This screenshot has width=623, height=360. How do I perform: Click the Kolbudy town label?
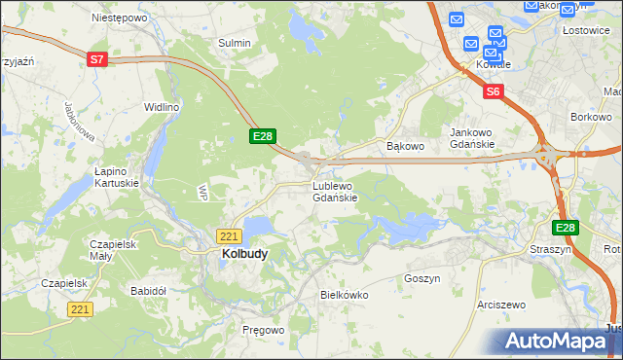(x=238, y=254)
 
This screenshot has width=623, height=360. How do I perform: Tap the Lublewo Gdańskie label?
(x=336, y=192)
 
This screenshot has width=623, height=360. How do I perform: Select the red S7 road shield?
(x=96, y=59)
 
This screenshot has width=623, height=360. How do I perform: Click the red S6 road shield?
(x=494, y=91)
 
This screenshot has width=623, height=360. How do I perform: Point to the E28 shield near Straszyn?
(x=566, y=228)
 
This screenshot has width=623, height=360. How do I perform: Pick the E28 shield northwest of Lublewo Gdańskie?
(x=264, y=137)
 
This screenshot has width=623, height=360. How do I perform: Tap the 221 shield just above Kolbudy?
(x=229, y=236)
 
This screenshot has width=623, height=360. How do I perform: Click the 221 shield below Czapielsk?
(x=81, y=308)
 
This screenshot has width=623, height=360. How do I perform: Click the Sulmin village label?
(x=235, y=43)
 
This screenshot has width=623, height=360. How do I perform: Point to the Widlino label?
(x=162, y=107)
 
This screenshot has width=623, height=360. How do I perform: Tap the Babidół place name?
(x=149, y=291)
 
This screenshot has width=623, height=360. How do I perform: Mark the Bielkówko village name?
(x=343, y=293)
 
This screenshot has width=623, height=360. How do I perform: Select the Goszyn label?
(x=422, y=278)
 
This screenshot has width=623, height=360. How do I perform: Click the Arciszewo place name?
(x=501, y=305)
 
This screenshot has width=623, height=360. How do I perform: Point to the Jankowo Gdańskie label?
(x=472, y=138)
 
